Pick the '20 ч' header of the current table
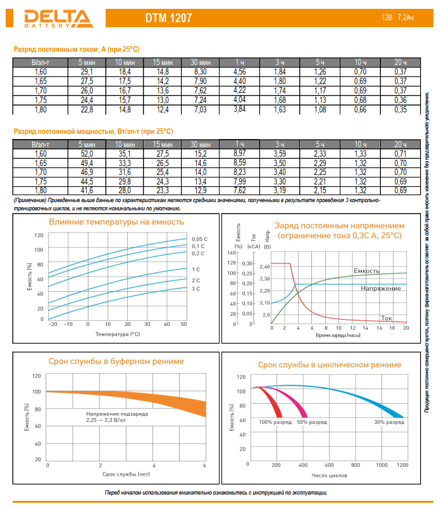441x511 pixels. coord(401,63)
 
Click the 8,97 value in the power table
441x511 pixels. coord(239,153)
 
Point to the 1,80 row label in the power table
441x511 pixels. coord(40,189)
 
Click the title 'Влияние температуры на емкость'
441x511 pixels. coord(116,222)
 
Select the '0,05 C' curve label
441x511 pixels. coord(199,238)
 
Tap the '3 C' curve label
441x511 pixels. coord(196,289)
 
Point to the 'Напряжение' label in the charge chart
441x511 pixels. coord(381,288)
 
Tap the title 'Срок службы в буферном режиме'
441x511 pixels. coord(116,361)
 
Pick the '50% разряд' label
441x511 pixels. coord(312,421)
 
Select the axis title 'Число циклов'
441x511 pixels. coord(328,474)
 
